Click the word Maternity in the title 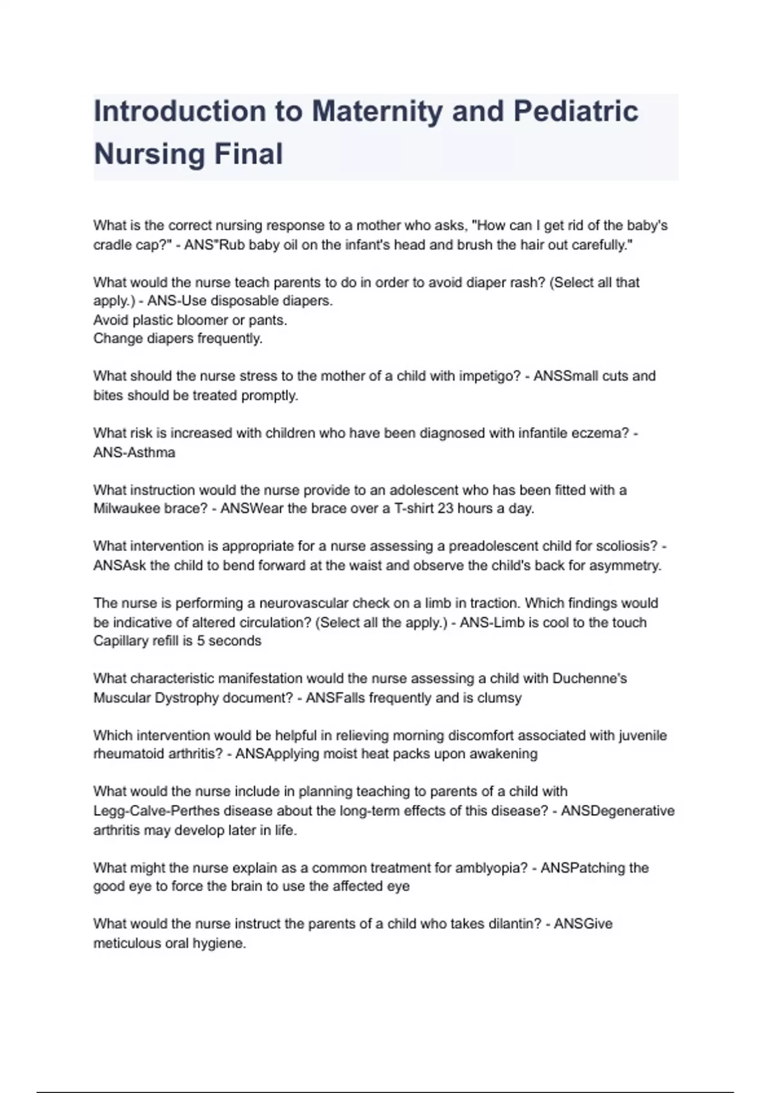click(x=377, y=111)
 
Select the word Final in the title click(x=248, y=154)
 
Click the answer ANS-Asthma click(x=134, y=453)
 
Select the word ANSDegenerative click(x=617, y=811)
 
